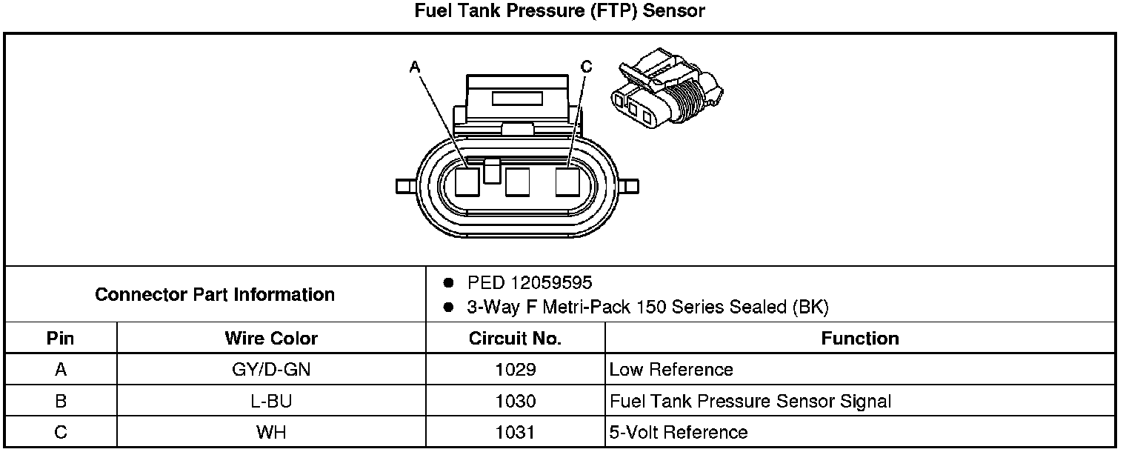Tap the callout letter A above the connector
(415, 67)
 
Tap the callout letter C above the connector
(587, 67)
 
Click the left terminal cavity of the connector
(467, 182)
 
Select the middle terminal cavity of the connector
(517, 182)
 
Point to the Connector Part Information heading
(215, 295)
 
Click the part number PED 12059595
(530, 283)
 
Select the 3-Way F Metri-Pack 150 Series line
(647, 307)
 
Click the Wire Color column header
(271, 339)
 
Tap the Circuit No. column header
(515, 339)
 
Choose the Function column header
(859, 339)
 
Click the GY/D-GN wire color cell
(271, 370)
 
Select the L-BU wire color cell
(271, 402)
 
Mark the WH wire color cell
(271, 433)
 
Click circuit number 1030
(515, 402)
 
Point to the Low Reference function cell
(671, 370)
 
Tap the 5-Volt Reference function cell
(679, 433)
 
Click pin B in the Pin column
(61, 402)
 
